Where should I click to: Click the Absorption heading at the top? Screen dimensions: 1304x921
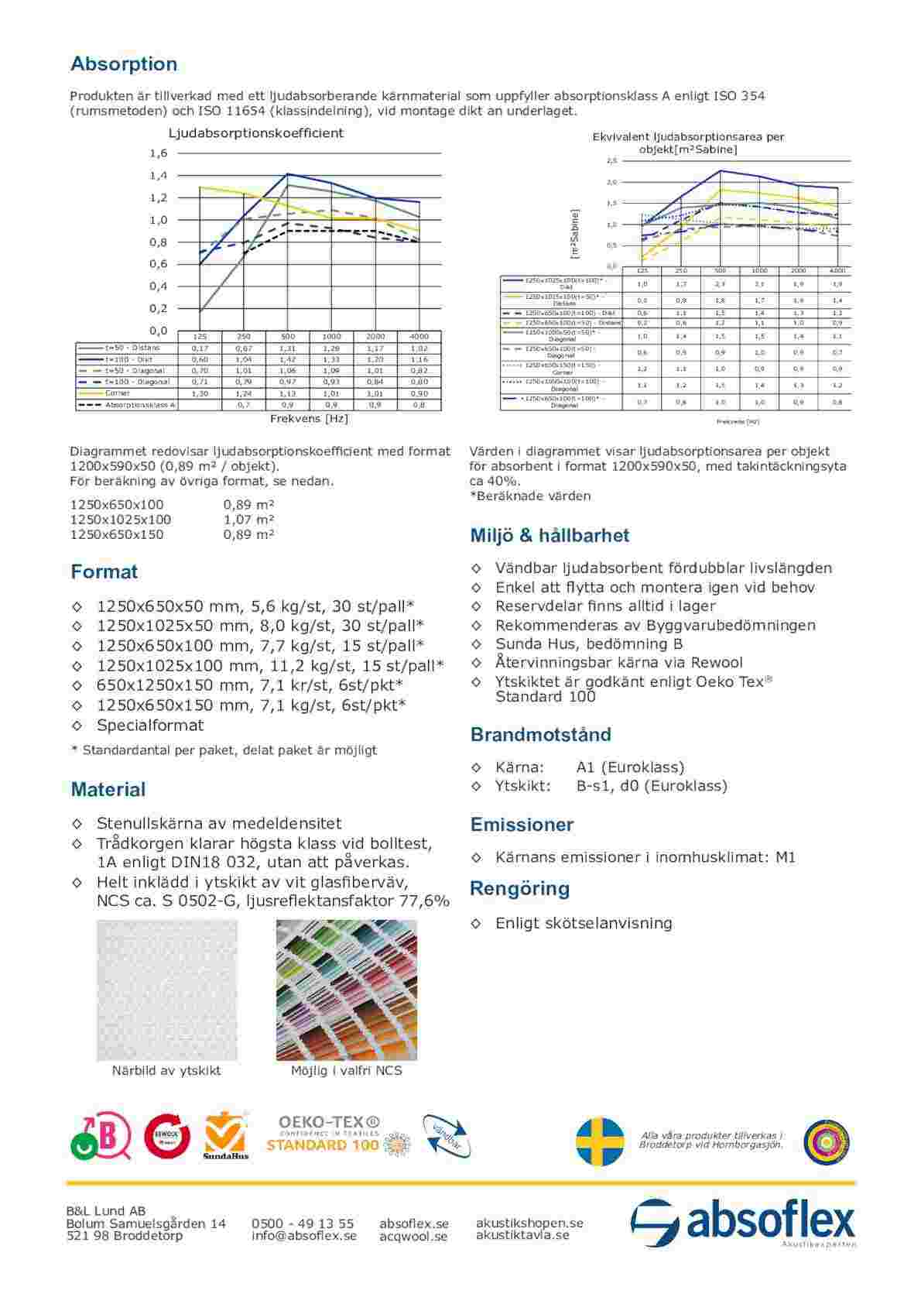tap(124, 63)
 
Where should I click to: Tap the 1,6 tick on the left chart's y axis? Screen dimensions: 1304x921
tap(159, 153)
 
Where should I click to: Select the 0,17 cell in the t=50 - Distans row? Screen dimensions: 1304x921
tap(200, 348)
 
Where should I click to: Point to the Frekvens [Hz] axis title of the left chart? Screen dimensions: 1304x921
tap(309, 419)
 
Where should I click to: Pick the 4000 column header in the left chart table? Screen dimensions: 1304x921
tap(419, 337)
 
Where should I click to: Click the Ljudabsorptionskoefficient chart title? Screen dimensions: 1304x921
tap(255, 133)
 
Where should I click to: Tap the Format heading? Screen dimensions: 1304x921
tap(104, 572)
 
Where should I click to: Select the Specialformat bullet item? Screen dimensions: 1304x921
tap(150, 726)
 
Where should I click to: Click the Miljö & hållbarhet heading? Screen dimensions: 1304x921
tap(550, 536)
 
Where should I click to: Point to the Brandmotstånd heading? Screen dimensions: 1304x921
tap(540, 735)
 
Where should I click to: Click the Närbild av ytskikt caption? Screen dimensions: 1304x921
tap(166, 1071)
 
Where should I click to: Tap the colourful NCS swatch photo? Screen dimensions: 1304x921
tap(346, 990)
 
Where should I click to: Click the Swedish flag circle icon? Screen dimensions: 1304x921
tap(600, 1141)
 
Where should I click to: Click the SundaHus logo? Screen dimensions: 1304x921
tap(226, 1137)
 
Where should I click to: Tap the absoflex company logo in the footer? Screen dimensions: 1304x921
tap(743, 1223)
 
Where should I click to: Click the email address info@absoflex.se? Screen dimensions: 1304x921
tap(303, 1236)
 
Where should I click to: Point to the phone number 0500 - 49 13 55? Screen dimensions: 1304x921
tap(303, 1223)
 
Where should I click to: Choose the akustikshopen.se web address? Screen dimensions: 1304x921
tap(529, 1223)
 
